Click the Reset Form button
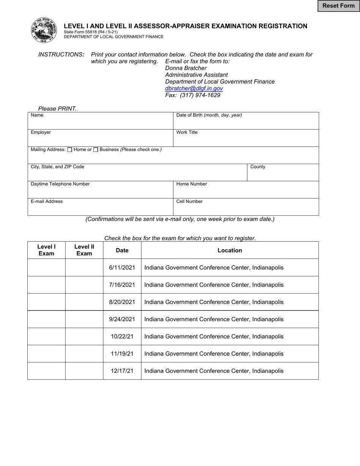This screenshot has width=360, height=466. tap(338, 6)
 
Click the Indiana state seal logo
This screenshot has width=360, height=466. tap(44, 30)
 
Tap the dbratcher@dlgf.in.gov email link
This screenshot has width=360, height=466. tap(194, 88)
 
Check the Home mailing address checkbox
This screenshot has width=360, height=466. tap(70, 150)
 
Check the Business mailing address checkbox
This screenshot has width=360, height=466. tap(96, 150)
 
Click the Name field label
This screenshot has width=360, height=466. tap(37, 115)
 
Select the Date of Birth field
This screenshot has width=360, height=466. tap(246, 120)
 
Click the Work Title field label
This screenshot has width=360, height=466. tap(187, 133)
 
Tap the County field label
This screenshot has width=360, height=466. tap(258, 167)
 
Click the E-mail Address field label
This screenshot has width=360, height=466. tap(47, 202)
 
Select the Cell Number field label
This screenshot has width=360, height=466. tap(189, 202)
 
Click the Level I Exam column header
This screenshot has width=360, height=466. tap(46, 250)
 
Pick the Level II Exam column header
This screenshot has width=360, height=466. tap(84, 250)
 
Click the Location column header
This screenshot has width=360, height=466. tap(230, 250)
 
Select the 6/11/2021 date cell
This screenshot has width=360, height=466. tap(122, 267)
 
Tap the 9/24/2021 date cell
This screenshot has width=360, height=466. tap(122, 319)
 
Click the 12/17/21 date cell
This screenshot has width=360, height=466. tap(122, 371)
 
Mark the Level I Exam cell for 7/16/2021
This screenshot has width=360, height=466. tap(46, 285)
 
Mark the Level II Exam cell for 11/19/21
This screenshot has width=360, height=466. tap(84, 354)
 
